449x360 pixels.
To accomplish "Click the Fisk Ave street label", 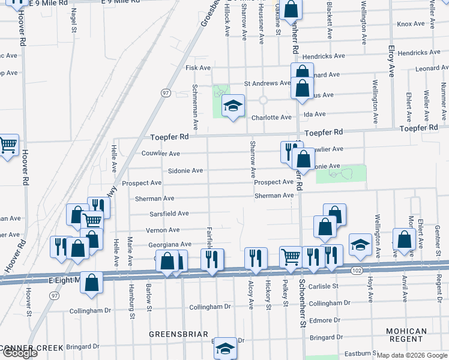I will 198,68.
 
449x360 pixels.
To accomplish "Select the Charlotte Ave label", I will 271,118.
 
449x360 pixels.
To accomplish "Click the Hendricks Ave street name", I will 324,56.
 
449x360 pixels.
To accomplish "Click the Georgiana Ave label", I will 171,244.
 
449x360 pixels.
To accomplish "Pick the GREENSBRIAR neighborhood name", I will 179,334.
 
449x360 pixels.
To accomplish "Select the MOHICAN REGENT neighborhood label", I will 406,335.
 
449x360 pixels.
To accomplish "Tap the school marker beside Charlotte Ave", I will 233,106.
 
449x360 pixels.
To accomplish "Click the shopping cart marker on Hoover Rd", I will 8,144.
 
